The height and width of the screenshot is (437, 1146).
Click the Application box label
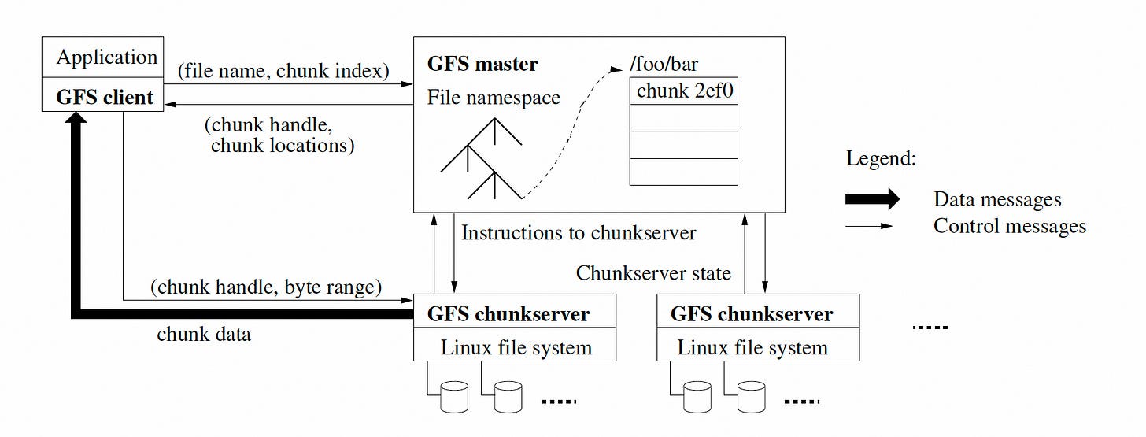tap(107, 57)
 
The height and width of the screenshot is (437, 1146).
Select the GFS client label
tap(105, 97)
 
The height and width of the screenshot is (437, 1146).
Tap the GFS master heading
tap(482, 64)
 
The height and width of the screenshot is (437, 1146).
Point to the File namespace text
tap(494, 97)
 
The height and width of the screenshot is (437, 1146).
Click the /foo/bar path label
tap(664, 64)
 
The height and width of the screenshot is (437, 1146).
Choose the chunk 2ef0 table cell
tap(684, 91)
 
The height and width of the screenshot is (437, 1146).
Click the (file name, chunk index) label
tap(283, 71)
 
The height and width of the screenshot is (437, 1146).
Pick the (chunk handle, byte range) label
tap(266, 287)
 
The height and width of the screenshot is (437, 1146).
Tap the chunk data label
tap(204, 334)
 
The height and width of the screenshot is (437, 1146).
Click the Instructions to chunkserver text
tap(579, 233)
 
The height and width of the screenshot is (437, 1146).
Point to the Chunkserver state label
tap(653, 273)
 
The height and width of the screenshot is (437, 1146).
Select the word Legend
tap(881, 158)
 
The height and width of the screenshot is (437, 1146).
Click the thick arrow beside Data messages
tap(872, 199)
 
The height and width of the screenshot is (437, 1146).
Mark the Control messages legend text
tap(1010, 226)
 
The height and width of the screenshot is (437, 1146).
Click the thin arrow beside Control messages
tap(869, 226)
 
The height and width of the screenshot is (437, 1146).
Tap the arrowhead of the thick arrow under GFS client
tap(76, 117)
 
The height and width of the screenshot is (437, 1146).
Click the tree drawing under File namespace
tap(482, 158)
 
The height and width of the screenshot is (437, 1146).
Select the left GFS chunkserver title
tap(508, 314)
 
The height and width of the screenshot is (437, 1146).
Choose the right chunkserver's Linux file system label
tap(752, 347)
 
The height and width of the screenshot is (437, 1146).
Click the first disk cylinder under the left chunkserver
tap(454, 397)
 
